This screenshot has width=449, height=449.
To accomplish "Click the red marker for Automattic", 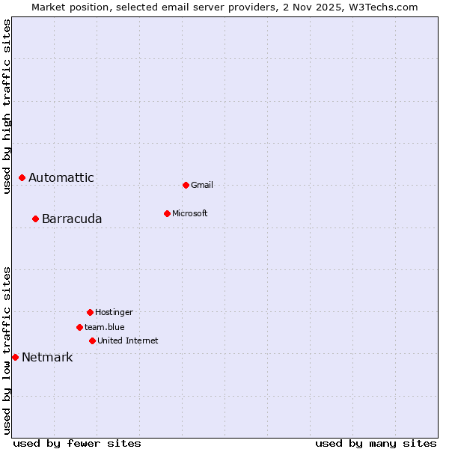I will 22,177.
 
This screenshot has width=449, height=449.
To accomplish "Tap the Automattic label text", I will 61,178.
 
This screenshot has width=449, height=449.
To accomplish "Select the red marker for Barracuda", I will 35,219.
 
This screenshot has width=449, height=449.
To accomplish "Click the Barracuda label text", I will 72,219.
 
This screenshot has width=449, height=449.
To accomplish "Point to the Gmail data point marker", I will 186,185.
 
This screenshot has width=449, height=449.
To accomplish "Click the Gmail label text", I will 202,186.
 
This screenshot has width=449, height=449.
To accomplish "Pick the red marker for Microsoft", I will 167,213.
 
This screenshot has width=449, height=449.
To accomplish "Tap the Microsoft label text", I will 190,214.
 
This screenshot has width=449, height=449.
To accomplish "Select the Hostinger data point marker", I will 90,312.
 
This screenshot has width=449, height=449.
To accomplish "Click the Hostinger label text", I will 114,313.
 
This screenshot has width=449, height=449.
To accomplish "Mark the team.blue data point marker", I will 79,327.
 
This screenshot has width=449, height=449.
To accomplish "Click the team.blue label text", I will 105,328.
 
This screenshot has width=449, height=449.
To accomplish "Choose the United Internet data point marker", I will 92,340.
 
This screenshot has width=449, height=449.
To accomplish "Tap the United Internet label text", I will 128,341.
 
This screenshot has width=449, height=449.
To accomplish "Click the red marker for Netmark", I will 15,357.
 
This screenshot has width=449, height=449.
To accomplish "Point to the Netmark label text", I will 47,358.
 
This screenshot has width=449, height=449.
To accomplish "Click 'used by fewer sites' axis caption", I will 77,444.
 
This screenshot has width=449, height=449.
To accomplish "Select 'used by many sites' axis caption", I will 376,444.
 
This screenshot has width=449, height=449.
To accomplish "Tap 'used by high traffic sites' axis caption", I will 7,106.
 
